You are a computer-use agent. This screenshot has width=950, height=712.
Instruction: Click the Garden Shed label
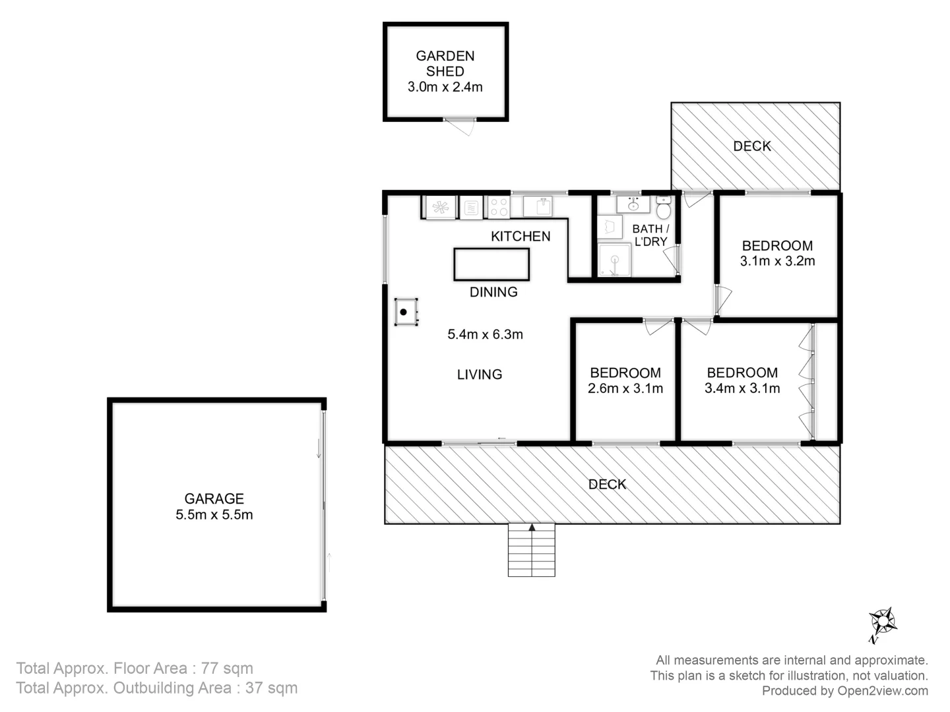click(x=445, y=64)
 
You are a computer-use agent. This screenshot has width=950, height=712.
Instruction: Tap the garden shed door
click(x=460, y=125)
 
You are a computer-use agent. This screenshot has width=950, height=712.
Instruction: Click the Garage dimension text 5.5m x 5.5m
click(x=214, y=515)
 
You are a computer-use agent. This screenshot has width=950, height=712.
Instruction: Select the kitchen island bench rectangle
click(x=491, y=264)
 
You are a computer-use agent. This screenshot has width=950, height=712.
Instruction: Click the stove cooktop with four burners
click(x=499, y=208)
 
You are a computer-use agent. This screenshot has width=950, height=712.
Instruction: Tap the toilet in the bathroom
click(x=664, y=208)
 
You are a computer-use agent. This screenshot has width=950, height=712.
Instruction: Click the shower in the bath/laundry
click(x=614, y=260)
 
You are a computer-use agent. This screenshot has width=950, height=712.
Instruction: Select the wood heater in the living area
click(x=405, y=312)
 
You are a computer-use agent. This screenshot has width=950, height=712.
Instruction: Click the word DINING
click(x=493, y=292)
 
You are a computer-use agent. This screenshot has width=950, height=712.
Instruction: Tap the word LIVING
click(x=480, y=374)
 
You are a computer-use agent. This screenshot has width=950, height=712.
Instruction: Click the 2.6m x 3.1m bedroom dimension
click(x=625, y=389)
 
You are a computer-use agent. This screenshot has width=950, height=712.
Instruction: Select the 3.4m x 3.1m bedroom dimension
click(x=742, y=389)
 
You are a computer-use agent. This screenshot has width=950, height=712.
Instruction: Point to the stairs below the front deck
click(x=532, y=551)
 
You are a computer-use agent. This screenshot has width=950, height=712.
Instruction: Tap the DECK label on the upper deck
click(x=752, y=146)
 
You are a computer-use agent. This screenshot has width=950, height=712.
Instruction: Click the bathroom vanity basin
click(x=633, y=205)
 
